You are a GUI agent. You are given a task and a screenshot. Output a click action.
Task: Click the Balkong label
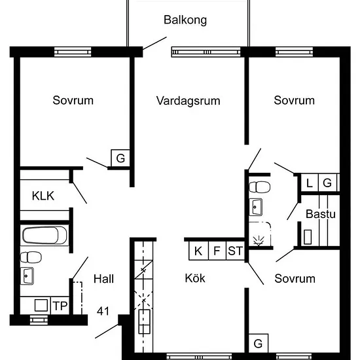185,20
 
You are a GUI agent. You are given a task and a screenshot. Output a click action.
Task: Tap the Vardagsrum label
188,101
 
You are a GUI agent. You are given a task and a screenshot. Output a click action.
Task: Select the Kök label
195,278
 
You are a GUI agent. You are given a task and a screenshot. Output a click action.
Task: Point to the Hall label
103,279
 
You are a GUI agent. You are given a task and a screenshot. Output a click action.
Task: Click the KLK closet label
43,196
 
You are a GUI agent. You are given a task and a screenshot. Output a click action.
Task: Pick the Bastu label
321,214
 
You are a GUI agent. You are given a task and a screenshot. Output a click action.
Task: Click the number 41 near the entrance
103,311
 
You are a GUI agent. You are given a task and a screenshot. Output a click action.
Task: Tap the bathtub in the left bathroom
45,236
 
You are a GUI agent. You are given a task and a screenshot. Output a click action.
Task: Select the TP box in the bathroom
60,306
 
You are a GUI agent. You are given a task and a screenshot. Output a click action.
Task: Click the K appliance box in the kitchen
198,251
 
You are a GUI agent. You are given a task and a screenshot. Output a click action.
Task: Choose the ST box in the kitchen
236,251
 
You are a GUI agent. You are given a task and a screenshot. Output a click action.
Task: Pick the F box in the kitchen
217,251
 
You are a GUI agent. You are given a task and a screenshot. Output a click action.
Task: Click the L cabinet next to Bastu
310,183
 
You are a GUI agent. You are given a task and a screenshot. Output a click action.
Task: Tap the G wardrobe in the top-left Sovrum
120,158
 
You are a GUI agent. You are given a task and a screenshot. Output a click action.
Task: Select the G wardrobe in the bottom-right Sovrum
259,344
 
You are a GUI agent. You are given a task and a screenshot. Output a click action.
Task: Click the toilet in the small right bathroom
259,187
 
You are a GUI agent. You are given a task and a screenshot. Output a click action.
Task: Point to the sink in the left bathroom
27,276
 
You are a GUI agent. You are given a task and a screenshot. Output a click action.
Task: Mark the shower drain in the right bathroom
259,241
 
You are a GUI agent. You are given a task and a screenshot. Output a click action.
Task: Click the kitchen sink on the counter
144,321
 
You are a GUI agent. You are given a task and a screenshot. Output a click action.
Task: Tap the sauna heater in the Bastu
308,237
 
